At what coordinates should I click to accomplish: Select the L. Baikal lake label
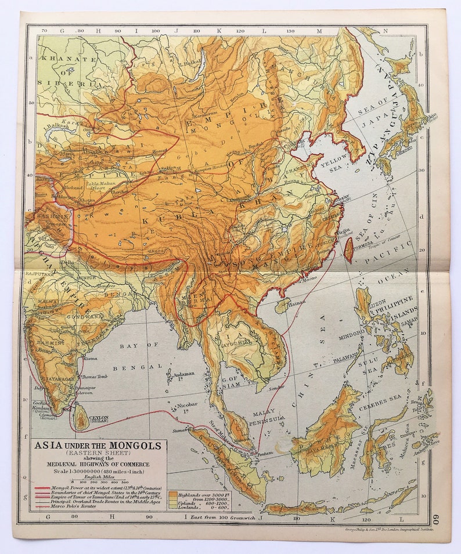click(189, 62)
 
